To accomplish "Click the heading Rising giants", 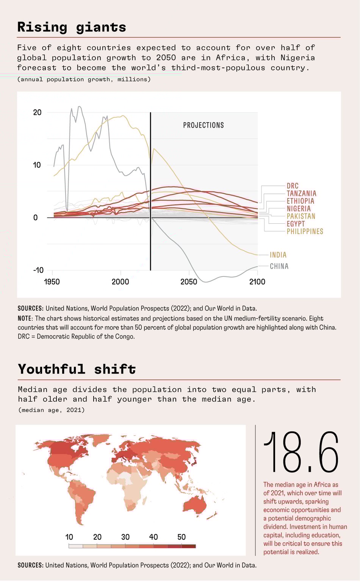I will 72,27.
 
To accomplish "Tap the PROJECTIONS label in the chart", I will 203,125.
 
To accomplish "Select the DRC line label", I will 293,186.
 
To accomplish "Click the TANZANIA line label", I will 301,193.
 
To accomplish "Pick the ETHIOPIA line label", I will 300,201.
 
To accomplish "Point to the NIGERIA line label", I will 299,209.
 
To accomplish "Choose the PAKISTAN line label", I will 301,216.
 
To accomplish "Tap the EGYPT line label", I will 296,224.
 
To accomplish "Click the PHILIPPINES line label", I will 305,231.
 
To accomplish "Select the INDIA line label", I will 278,255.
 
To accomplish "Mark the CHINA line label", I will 279,266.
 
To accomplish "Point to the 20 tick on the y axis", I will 37,112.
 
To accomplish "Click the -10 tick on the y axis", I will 38,270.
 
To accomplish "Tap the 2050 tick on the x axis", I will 189,282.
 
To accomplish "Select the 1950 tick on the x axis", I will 52,282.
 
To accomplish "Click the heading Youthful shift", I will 77,369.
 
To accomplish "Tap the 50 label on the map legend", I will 182,537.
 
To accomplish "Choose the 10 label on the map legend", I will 69,537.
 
